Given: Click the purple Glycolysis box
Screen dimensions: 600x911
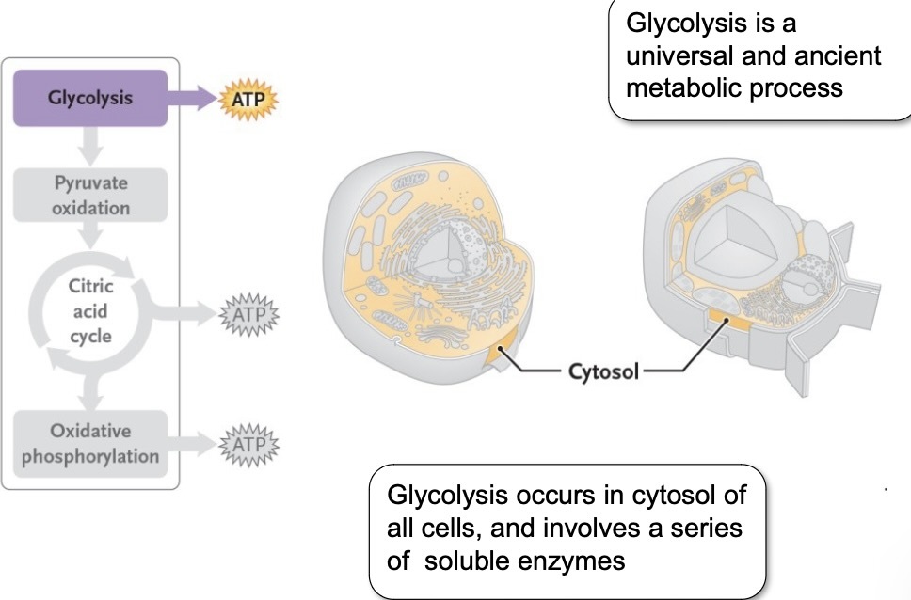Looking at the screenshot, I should tap(90, 98).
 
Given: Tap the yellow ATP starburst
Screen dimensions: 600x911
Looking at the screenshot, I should tap(249, 99).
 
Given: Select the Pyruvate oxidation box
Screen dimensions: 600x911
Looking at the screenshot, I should tap(90, 196).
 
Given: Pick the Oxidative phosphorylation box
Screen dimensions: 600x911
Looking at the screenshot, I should tap(90, 443).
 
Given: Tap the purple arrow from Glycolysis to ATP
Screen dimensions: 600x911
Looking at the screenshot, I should tap(192, 99).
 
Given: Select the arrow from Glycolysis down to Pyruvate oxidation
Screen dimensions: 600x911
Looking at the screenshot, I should tap(90, 146).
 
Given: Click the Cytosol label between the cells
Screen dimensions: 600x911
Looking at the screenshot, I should tap(603, 371).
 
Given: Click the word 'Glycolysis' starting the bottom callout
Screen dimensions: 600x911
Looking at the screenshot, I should tap(441, 496).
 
